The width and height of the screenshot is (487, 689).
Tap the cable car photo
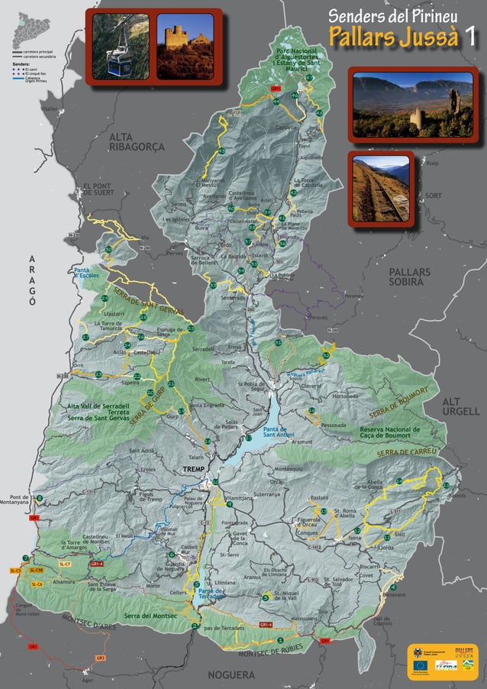click(x=121, y=45)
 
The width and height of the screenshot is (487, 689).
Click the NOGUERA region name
click(x=231, y=675)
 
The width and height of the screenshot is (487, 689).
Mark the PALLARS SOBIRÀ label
click(x=409, y=277)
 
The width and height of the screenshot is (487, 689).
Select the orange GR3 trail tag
click(x=100, y=658)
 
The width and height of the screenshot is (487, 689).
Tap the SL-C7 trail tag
click(x=65, y=564)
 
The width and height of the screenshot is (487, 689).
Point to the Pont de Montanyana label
click(x=16, y=500)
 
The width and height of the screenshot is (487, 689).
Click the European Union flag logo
click(x=420, y=665)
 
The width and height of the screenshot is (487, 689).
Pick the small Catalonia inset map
click(x=33, y=29)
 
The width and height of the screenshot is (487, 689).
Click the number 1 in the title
click(x=472, y=34)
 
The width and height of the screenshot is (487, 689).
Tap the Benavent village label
click(x=394, y=595)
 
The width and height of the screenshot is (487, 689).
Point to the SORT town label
click(x=434, y=196)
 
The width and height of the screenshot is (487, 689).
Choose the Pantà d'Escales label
click(x=88, y=273)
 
